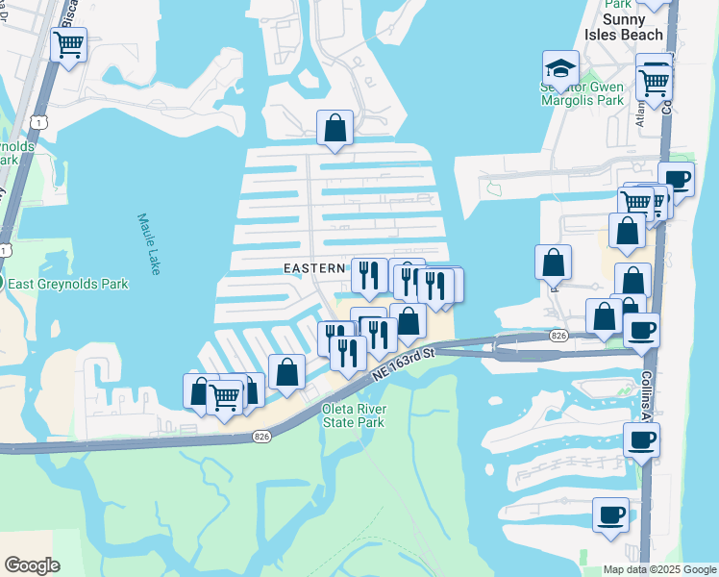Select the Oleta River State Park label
click(x=352, y=414)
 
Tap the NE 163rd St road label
click(x=405, y=364)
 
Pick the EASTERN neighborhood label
click(x=313, y=266)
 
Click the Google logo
click(x=32, y=565)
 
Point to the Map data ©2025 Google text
click(x=658, y=569)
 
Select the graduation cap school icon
click(x=560, y=68)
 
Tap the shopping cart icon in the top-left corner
click(x=68, y=43)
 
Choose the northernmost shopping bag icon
click(x=335, y=127)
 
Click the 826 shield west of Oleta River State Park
click(x=260, y=436)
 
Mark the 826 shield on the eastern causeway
click(x=558, y=336)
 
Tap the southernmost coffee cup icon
click(x=610, y=514)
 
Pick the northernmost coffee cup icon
click(x=676, y=179)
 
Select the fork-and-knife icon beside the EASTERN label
click(x=369, y=275)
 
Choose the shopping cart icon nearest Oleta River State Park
click(x=225, y=395)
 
